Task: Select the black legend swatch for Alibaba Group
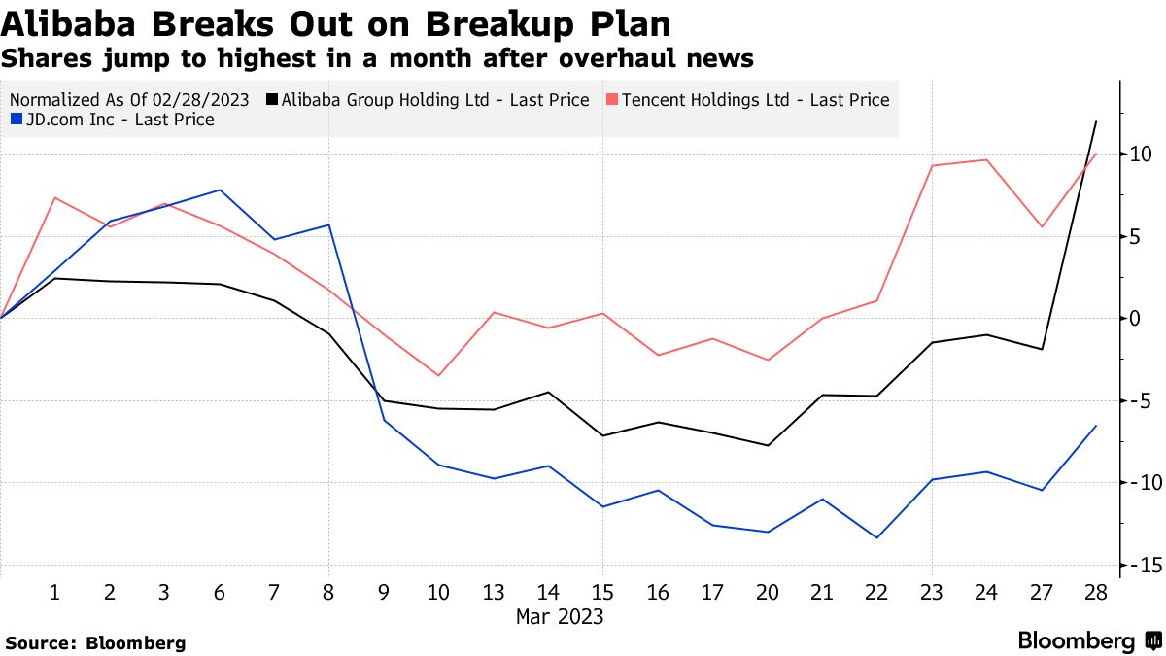pyautogui.click(x=273, y=100)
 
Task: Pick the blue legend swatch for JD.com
pyautogui.click(x=17, y=121)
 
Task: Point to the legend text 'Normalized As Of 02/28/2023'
pyautogui.click(x=130, y=100)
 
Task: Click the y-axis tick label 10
pyautogui.click(x=1140, y=155)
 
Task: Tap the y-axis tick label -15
pyautogui.click(x=1137, y=566)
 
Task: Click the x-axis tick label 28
pyautogui.click(x=1096, y=591)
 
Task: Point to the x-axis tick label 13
pyautogui.click(x=493, y=591)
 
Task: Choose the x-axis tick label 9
pyautogui.click(x=383, y=591)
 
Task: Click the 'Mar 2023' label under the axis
pyautogui.click(x=559, y=616)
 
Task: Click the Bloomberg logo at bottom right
pyautogui.click(x=1089, y=641)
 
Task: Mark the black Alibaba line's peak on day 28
pyautogui.click(x=1096, y=121)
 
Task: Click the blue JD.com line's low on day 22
pyautogui.click(x=877, y=537)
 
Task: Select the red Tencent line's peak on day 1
pyautogui.click(x=55, y=198)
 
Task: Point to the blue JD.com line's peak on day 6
pyautogui.click(x=220, y=190)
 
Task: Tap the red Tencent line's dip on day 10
pyautogui.click(x=438, y=375)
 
